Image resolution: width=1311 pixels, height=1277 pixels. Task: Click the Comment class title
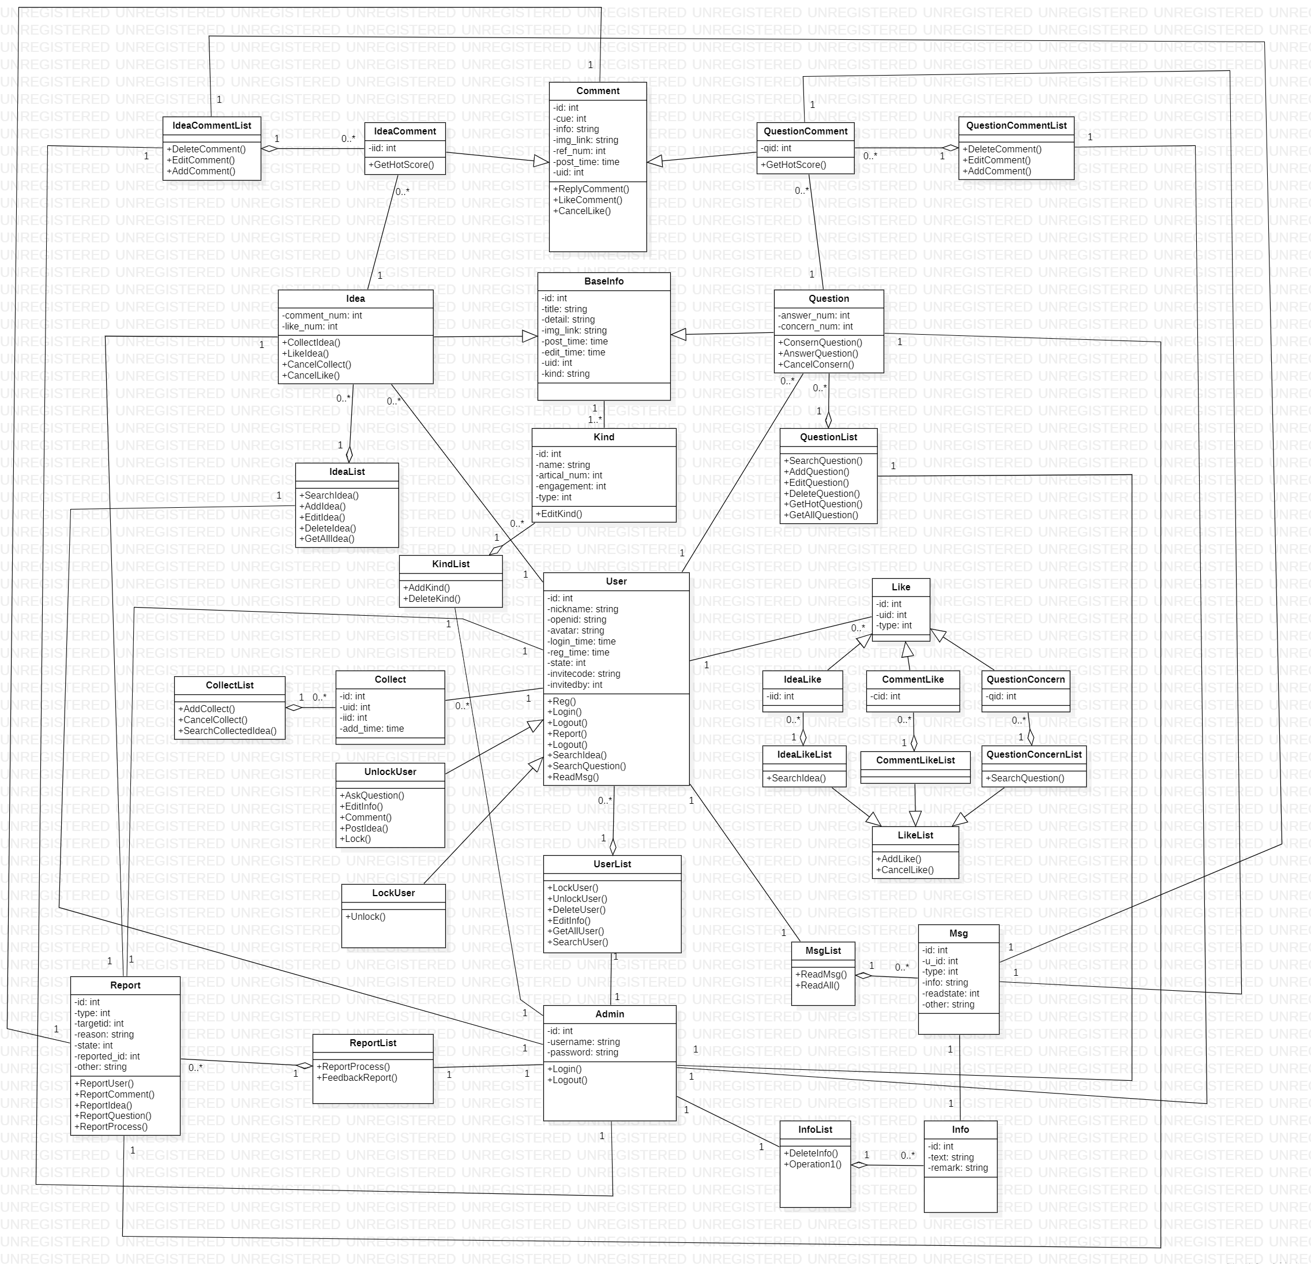click(598, 91)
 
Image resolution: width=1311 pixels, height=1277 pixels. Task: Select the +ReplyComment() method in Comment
click(591, 189)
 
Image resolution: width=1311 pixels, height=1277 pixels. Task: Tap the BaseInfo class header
click(603, 282)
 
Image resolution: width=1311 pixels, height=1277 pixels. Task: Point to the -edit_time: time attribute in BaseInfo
click(574, 352)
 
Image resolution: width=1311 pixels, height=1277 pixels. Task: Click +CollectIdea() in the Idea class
click(311, 343)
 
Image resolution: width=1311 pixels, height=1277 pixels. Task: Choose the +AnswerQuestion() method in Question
click(818, 354)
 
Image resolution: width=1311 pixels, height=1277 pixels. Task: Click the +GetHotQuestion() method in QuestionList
click(823, 504)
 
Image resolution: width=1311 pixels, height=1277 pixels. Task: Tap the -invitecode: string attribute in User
click(584, 674)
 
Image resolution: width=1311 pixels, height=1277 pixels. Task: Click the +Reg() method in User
click(562, 702)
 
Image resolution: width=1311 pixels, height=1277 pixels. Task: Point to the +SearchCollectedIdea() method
click(227, 731)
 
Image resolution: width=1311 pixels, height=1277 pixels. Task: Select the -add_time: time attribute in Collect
click(372, 729)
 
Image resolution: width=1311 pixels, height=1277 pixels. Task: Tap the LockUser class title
click(393, 893)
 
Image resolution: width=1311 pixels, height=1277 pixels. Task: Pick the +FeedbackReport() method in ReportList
click(357, 1078)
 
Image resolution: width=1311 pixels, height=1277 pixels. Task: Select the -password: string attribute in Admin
click(583, 1053)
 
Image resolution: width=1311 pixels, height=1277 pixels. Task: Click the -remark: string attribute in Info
click(958, 1168)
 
